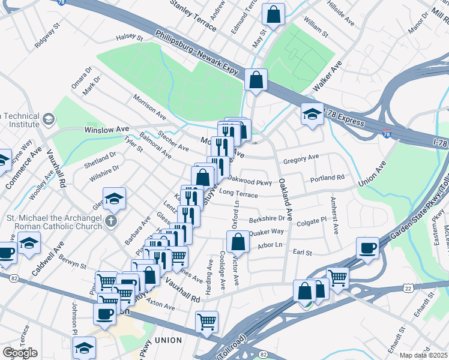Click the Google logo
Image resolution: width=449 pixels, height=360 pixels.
(20, 353)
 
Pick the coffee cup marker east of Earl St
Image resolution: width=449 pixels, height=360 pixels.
(367, 248)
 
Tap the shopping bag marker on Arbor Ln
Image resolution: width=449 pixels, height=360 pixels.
(238, 242)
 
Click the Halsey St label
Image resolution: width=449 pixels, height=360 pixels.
(129, 38)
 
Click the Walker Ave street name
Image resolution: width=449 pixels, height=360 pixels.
(327, 76)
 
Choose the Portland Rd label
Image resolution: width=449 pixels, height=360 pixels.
(327, 178)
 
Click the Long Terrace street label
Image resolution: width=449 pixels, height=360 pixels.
(238, 193)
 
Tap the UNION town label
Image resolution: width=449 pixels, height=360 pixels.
(168, 340)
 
